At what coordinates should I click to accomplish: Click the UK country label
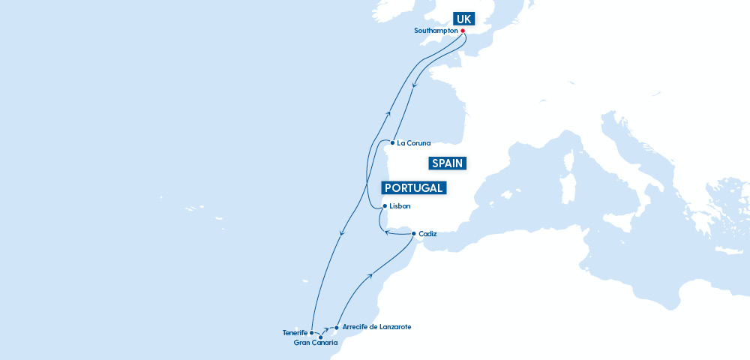(x=462, y=19)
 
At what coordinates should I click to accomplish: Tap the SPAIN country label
(x=448, y=163)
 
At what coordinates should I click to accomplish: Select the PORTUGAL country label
(x=413, y=187)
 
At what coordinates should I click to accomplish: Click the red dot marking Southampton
(x=463, y=31)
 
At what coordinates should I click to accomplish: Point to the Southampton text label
(x=436, y=31)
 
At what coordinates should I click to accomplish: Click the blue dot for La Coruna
(x=392, y=142)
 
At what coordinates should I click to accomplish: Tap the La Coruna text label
(x=413, y=142)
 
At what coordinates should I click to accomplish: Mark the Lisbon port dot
(x=385, y=206)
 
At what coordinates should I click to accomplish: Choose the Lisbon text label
(x=400, y=206)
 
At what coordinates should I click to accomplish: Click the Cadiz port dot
(x=413, y=234)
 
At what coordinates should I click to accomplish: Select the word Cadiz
(x=428, y=234)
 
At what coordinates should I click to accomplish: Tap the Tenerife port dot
(x=311, y=332)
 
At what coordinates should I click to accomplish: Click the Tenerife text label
(x=295, y=332)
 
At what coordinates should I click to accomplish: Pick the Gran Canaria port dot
(x=321, y=337)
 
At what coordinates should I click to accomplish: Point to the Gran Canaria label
(x=316, y=343)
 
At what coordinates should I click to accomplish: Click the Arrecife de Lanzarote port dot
(x=337, y=327)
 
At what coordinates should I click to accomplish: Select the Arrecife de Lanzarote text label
(x=376, y=327)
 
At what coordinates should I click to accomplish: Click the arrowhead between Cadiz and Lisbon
(x=387, y=232)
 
